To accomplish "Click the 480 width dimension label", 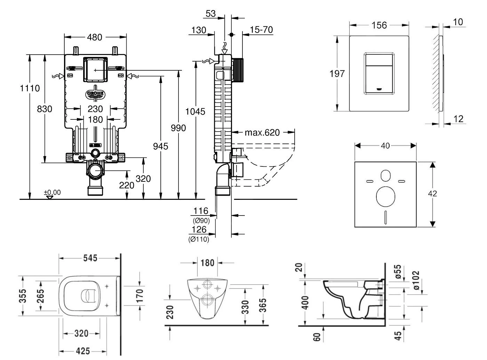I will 95,37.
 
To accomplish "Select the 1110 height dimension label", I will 30,88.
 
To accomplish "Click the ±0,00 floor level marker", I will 52,192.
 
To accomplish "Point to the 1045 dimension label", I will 195,112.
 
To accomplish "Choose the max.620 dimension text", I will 262,133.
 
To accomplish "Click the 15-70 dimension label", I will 261,30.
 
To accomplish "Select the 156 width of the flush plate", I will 379,25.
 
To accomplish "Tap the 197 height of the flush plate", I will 337,73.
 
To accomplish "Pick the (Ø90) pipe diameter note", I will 201,220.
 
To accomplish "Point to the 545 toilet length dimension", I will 90,258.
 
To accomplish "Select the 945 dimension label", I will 160,146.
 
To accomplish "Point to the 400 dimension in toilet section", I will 305,303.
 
